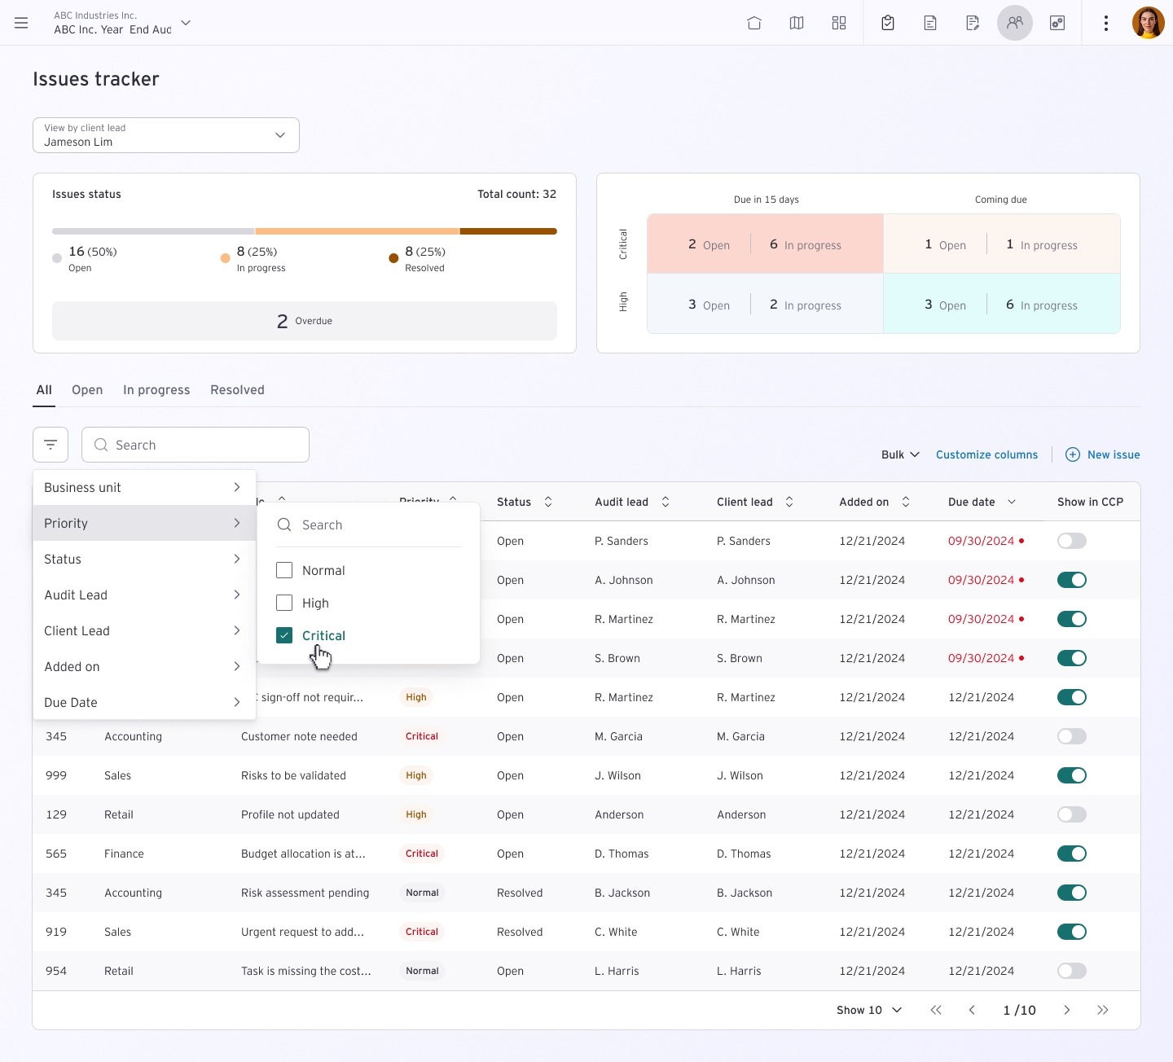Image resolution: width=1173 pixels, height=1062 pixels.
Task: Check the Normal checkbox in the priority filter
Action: click(284, 570)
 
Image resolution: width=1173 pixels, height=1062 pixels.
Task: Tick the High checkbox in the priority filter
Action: click(284, 603)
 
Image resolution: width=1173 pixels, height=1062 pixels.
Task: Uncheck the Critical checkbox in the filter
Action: click(284, 635)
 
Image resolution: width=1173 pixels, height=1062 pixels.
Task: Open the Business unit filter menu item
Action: click(143, 487)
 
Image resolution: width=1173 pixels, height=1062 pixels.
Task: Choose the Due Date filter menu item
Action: click(143, 702)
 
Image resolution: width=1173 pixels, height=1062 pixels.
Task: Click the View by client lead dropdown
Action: click(165, 135)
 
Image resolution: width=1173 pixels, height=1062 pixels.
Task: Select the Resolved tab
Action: click(237, 390)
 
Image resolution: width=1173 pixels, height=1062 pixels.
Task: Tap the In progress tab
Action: click(156, 390)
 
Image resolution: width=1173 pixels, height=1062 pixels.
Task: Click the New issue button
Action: click(1103, 454)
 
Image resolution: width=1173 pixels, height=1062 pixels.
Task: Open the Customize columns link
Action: click(986, 454)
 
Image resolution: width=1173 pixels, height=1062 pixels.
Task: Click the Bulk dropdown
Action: click(900, 454)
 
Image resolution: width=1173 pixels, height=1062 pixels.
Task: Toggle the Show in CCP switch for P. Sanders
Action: click(1071, 541)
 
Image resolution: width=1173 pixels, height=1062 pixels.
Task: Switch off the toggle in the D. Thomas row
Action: click(1071, 854)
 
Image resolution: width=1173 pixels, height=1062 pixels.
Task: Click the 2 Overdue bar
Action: click(304, 321)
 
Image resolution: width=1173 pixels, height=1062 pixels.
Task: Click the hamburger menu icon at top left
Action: click(21, 23)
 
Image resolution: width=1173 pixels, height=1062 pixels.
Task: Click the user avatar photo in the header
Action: click(1148, 23)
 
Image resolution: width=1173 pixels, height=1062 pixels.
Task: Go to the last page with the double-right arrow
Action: click(1102, 1010)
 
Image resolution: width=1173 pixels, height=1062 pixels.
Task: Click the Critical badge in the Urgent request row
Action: click(422, 932)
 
